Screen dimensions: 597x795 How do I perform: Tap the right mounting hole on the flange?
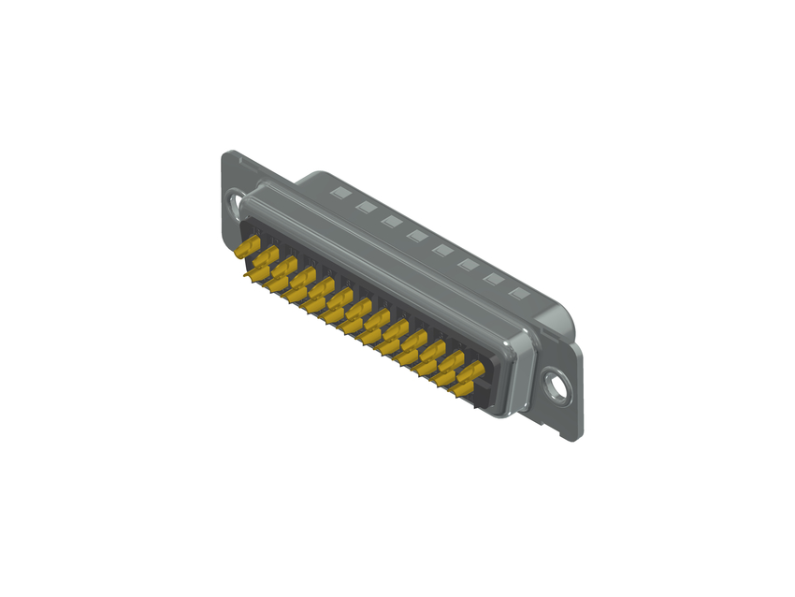click(558, 385)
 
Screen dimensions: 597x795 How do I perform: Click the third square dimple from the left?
click(392, 222)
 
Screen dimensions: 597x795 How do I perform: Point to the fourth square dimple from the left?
click(417, 236)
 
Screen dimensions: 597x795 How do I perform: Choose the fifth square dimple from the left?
click(442, 251)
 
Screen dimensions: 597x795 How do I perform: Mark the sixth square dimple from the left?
click(468, 266)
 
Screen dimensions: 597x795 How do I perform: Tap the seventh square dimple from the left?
click(493, 280)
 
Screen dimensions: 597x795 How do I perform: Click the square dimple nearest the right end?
click(518, 295)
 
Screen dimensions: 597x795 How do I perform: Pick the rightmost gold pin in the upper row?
click(470, 370)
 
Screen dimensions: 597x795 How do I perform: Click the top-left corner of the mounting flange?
click(225, 153)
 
